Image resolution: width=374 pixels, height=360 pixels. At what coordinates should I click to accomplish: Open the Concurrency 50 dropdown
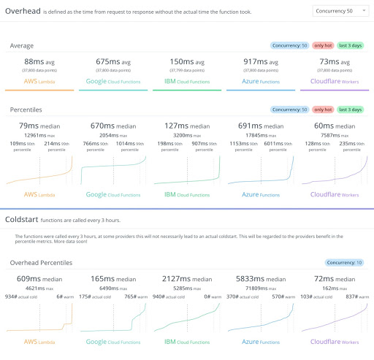pyautogui.click(x=340, y=11)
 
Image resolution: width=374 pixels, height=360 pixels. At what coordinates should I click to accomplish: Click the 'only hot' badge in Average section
pyautogui.click(x=322, y=45)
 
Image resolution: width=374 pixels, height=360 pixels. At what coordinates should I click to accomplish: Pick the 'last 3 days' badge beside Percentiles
pyautogui.click(x=351, y=110)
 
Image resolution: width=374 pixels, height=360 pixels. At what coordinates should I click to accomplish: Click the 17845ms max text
pyautogui.click(x=260, y=135)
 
